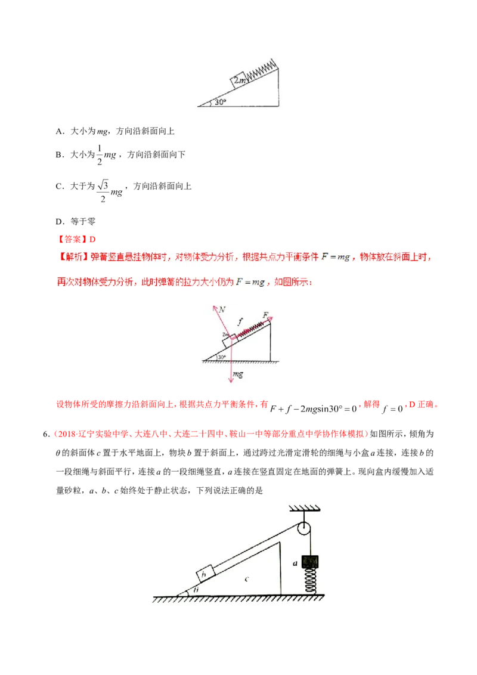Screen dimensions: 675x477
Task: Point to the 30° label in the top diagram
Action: tap(220, 102)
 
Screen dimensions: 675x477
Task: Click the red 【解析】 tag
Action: tap(73, 257)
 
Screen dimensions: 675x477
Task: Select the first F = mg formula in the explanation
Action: tap(335, 257)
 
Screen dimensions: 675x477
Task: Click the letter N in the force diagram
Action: tap(222, 309)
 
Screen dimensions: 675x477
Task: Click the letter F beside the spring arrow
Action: tap(265, 314)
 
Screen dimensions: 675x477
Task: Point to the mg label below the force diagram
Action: tap(238, 374)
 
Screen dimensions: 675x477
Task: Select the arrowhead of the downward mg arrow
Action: tap(230, 380)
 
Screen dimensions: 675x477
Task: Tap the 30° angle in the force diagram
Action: tap(221, 357)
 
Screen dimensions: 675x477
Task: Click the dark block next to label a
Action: tap(310, 562)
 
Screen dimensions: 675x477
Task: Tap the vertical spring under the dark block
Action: tap(310, 581)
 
